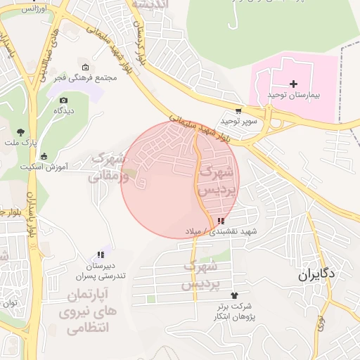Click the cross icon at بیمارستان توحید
pyautogui.click(x=293, y=84)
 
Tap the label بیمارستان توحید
pyautogui.click(x=293, y=94)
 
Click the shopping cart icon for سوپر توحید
pyautogui.click(x=239, y=110)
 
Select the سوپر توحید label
pyautogui.click(x=239, y=121)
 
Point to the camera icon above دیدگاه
pyautogui.click(x=64, y=101)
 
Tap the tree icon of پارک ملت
pyautogui.click(x=20, y=131)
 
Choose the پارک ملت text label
pyautogui.click(x=20, y=143)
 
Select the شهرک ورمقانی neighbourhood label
pyautogui.click(x=109, y=167)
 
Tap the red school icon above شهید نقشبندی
pyautogui.click(x=221, y=221)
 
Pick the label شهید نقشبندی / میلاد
pyautogui.click(x=221, y=231)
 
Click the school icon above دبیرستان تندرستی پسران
pyautogui.click(x=101, y=255)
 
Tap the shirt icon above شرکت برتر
pyautogui.click(x=234, y=295)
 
